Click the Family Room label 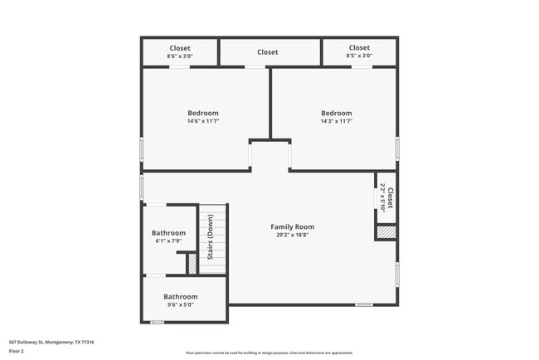click(x=292, y=226)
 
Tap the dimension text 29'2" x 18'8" click(x=292, y=235)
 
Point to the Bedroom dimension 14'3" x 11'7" click(x=336, y=122)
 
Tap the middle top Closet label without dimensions click(x=267, y=52)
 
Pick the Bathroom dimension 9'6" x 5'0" click(x=180, y=305)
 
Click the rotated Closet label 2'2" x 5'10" click(x=386, y=197)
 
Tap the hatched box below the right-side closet click(x=386, y=232)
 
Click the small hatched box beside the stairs click(x=192, y=264)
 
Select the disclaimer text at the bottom click(x=269, y=353)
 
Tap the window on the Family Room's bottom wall click(x=363, y=304)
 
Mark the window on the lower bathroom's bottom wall click(x=157, y=322)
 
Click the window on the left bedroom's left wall click(x=141, y=150)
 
